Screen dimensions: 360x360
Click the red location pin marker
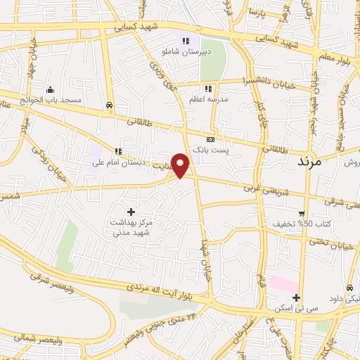tap(181, 165)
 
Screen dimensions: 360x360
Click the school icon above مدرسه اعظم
tap(207, 89)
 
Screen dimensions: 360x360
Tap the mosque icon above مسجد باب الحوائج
tap(49, 90)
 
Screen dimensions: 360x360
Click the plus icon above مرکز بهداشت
tap(130, 211)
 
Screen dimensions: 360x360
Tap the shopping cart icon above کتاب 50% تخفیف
tap(302, 213)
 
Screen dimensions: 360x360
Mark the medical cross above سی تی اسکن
tap(297, 297)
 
